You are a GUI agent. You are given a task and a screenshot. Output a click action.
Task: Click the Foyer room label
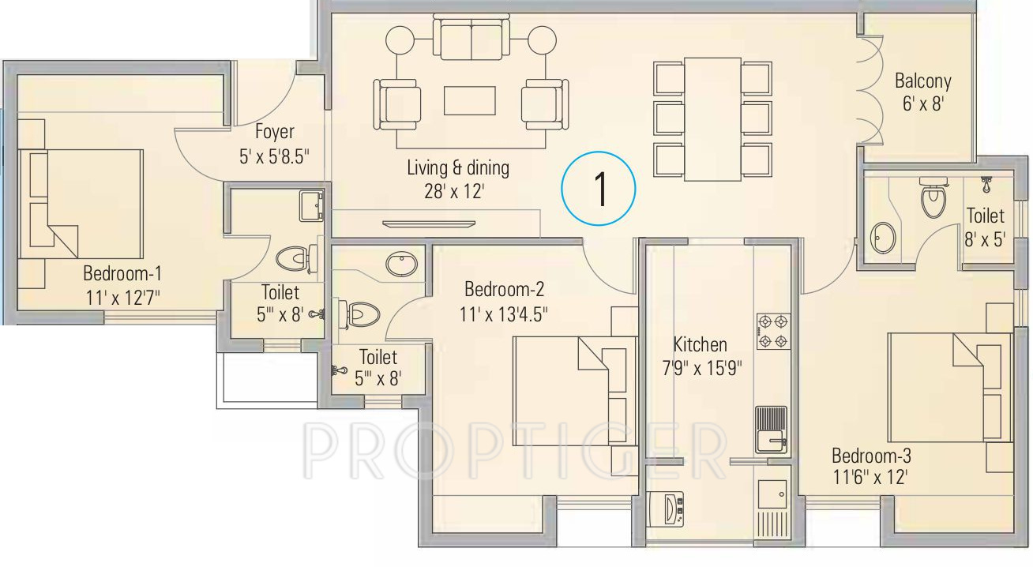[274, 133]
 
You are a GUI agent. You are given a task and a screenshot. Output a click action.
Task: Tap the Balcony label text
[922, 81]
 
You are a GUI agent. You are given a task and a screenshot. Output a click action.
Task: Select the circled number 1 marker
[599, 188]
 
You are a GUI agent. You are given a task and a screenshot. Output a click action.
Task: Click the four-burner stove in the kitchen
[773, 331]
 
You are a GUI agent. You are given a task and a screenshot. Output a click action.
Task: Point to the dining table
[712, 119]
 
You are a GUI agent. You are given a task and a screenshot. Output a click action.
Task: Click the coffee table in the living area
[469, 100]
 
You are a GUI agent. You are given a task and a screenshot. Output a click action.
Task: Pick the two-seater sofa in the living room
[471, 38]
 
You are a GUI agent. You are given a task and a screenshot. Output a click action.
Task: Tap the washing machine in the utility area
[666, 509]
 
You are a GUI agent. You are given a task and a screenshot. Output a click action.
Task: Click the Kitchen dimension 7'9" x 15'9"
[702, 368]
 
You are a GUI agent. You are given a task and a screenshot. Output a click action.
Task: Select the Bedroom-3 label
[871, 456]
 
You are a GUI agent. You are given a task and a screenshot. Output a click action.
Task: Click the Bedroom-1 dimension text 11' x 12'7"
[122, 298]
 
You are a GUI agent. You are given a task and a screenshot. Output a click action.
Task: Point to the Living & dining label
[458, 167]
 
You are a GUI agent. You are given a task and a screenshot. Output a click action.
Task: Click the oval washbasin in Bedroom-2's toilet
[402, 264]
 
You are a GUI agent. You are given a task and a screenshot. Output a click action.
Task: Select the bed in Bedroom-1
[81, 204]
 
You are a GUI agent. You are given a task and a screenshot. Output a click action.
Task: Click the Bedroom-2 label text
[504, 290]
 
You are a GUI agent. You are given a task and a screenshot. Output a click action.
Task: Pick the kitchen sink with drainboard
[771, 430]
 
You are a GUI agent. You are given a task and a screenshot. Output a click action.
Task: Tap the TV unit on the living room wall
[428, 224]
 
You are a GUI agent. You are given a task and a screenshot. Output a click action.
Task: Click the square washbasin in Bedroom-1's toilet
[311, 205]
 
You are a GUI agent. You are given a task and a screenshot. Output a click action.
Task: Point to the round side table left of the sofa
[400, 40]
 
